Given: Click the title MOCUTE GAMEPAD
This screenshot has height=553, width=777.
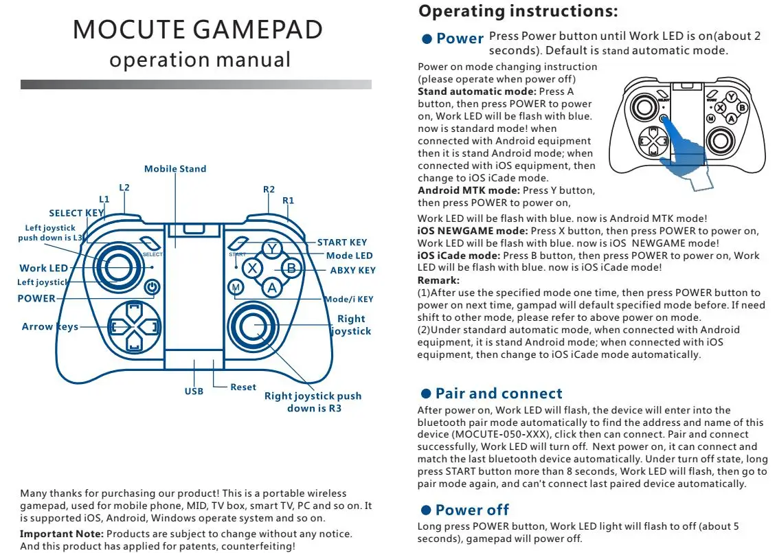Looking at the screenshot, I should point(197,30).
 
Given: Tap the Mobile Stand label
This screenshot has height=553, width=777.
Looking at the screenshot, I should point(175,168).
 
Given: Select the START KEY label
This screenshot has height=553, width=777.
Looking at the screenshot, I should point(342,242).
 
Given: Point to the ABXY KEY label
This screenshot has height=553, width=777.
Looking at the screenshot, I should point(353,270).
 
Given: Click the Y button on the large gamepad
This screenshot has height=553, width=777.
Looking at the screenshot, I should point(273,249).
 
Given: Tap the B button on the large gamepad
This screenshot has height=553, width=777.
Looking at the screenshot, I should point(291,269).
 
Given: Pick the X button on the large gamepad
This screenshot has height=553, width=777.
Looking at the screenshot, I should point(253,269).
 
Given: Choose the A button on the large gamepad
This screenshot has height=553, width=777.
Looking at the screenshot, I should point(273,288).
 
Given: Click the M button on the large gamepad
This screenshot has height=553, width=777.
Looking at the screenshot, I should point(236,287).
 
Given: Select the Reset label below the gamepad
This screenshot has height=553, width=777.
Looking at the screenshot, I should point(243,387).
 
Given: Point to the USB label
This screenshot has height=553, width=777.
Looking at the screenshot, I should point(194,392).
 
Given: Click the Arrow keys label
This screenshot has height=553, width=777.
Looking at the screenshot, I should point(50,327).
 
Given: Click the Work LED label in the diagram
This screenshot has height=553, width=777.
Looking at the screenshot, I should point(44,268).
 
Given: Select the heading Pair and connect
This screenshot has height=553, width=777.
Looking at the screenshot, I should point(498,394).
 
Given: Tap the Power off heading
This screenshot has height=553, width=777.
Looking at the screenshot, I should point(472,510).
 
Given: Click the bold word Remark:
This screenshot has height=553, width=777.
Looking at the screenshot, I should point(438,280).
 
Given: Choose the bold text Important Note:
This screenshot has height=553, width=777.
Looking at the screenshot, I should point(62,534).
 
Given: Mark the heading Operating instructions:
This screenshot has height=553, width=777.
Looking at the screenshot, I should point(518,12).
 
